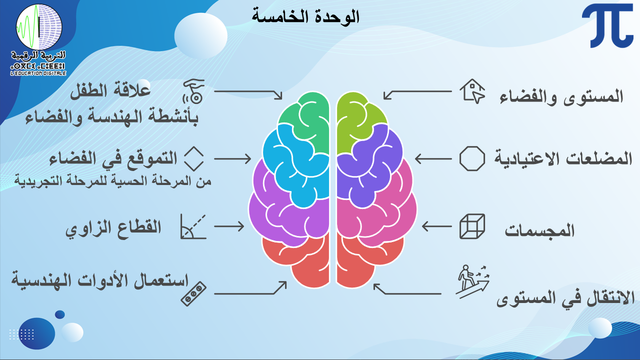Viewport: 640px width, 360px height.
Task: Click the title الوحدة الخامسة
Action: click(305, 16)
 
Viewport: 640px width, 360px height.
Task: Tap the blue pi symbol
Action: click(607, 25)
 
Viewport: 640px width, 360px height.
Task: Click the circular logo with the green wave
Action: click(39, 27)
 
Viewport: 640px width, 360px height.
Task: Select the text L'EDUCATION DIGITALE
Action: click(38, 73)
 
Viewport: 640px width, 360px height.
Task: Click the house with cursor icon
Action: click(472, 91)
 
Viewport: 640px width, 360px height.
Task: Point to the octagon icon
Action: click(472, 158)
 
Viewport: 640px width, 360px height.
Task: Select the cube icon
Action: click(472, 226)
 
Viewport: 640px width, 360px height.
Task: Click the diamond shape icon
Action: click(193, 158)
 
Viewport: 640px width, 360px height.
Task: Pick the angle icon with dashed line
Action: click(193, 226)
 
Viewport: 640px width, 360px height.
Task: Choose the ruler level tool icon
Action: click(193, 294)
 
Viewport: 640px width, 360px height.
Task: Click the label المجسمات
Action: click(539, 230)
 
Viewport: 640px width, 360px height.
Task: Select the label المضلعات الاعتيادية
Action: click(563, 158)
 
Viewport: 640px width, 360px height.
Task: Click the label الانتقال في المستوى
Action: click(565, 298)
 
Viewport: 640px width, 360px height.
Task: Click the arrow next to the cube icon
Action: click(436, 226)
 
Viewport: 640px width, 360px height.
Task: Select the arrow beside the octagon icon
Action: click(433, 158)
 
